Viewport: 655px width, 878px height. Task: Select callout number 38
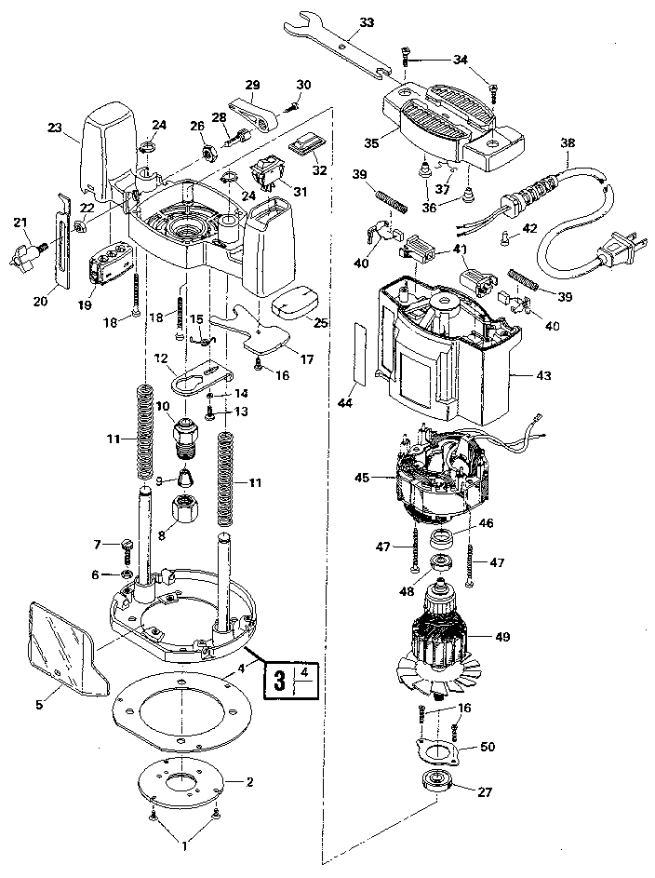pyautogui.click(x=568, y=143)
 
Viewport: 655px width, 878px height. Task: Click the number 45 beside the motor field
pyautogui.click(x=362, y=478)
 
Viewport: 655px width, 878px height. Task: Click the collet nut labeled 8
pyautogui.click(x=183, y=510)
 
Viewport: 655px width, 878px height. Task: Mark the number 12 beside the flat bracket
pyautogui.click(x=160, y=358)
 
